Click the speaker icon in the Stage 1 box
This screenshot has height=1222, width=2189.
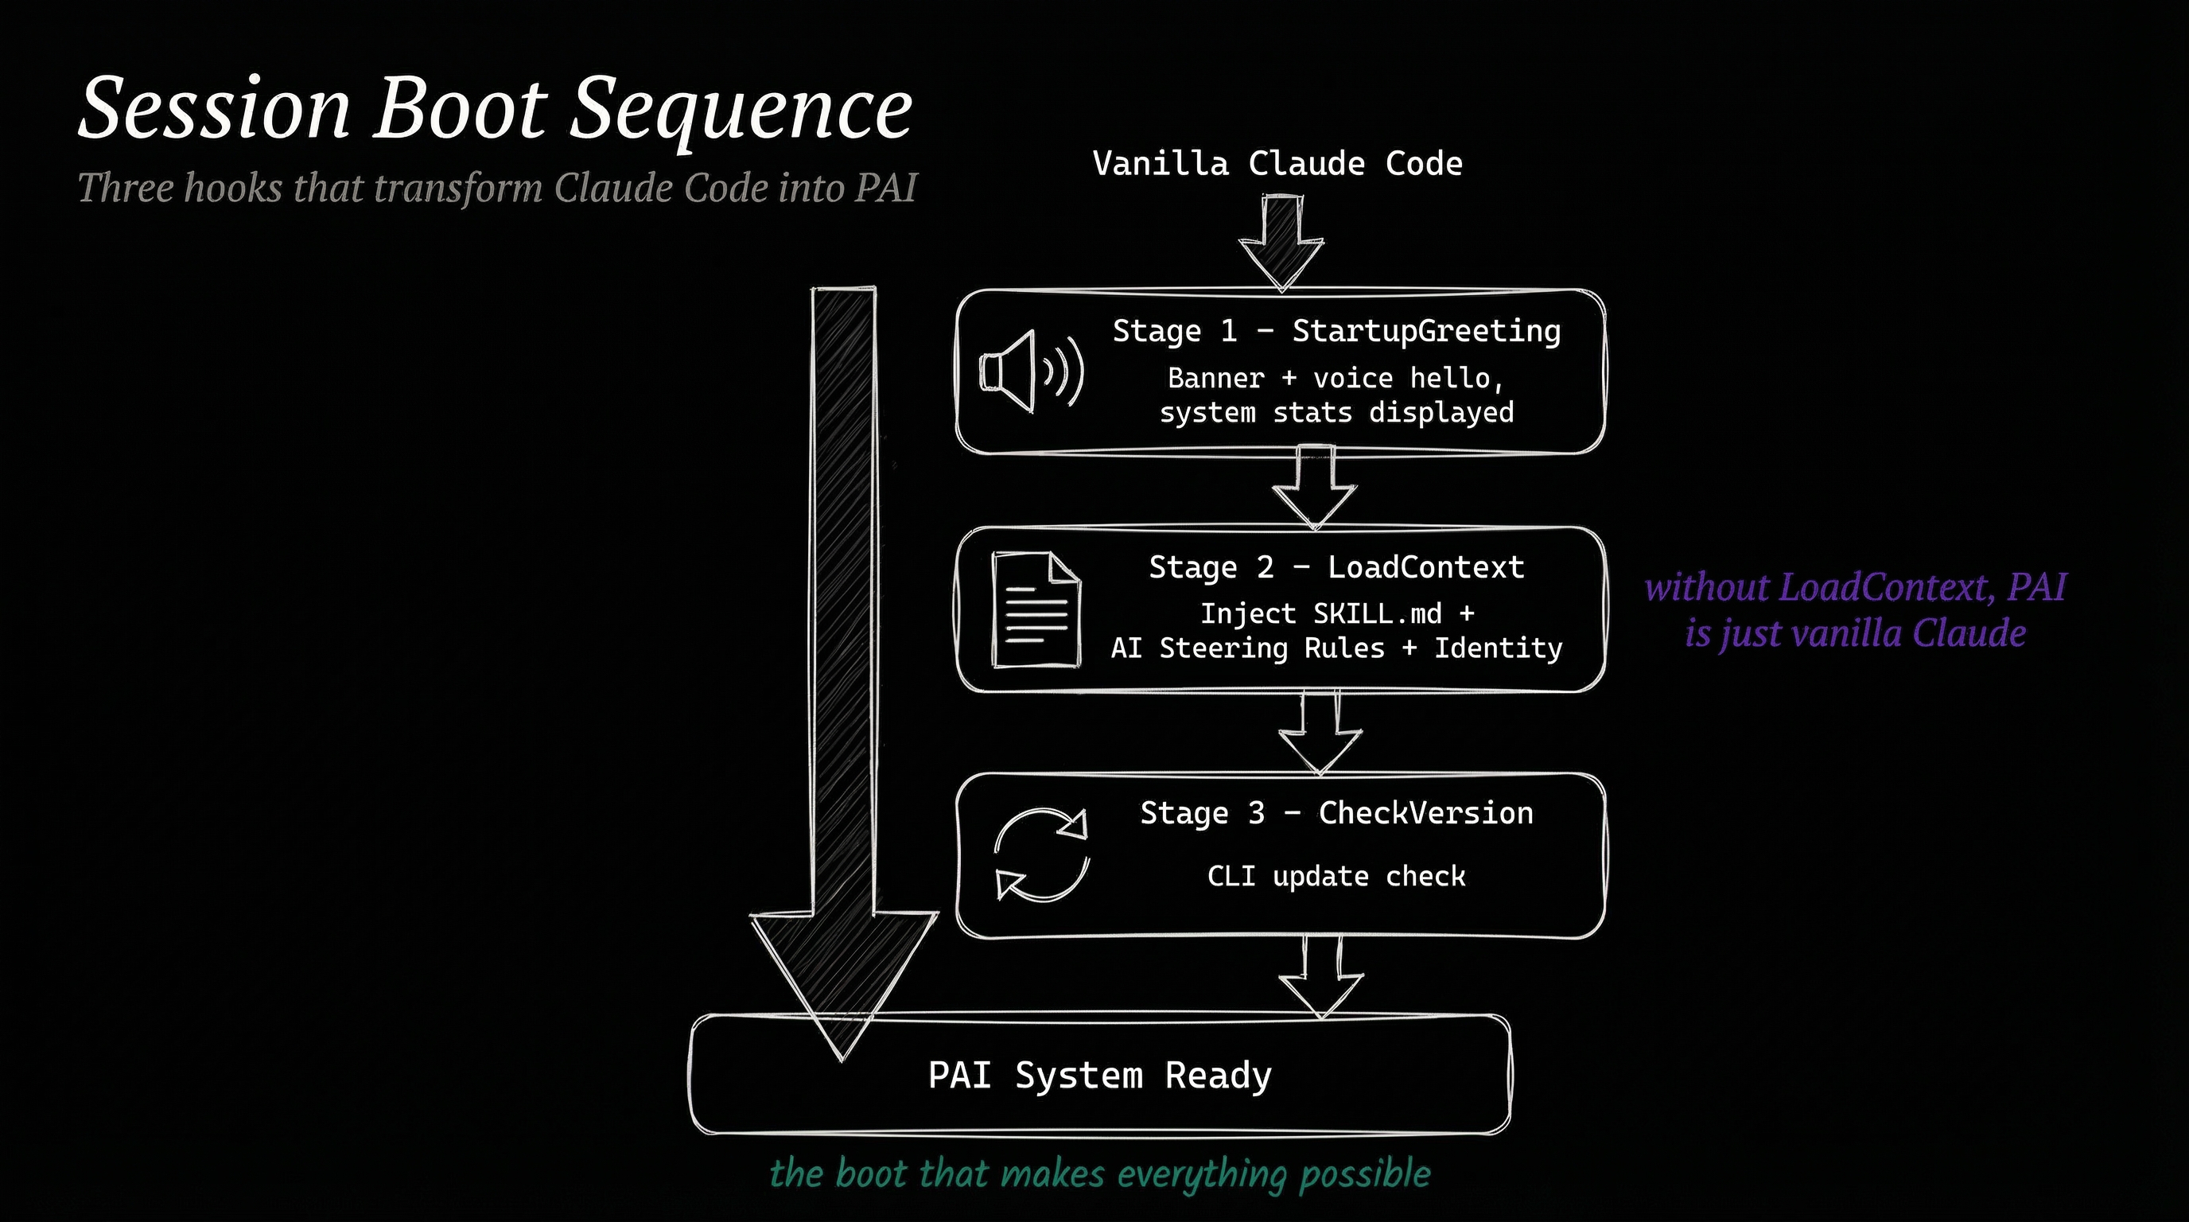coord(1031,372)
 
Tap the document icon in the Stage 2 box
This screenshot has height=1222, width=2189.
coord(1036,609)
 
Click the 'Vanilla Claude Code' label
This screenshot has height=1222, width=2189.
coord(1277,163)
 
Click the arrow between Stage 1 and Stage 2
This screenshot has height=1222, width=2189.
coord(1314,488)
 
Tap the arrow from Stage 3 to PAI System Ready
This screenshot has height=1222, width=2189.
coord(1320,977)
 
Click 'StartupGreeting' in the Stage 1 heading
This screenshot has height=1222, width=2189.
coord(1426,331)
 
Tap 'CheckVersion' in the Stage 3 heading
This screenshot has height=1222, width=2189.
coord(1426,813)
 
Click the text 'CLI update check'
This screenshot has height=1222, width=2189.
coord(1336,876)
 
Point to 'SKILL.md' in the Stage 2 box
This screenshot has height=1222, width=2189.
coord(1378,613)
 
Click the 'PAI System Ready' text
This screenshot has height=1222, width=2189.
coord(1099,1076)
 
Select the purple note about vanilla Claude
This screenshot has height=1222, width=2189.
coord(1855,610)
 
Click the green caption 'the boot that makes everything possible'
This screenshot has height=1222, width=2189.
coord(1099,1173)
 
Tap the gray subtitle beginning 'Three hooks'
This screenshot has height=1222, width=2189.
coord(497,188)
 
